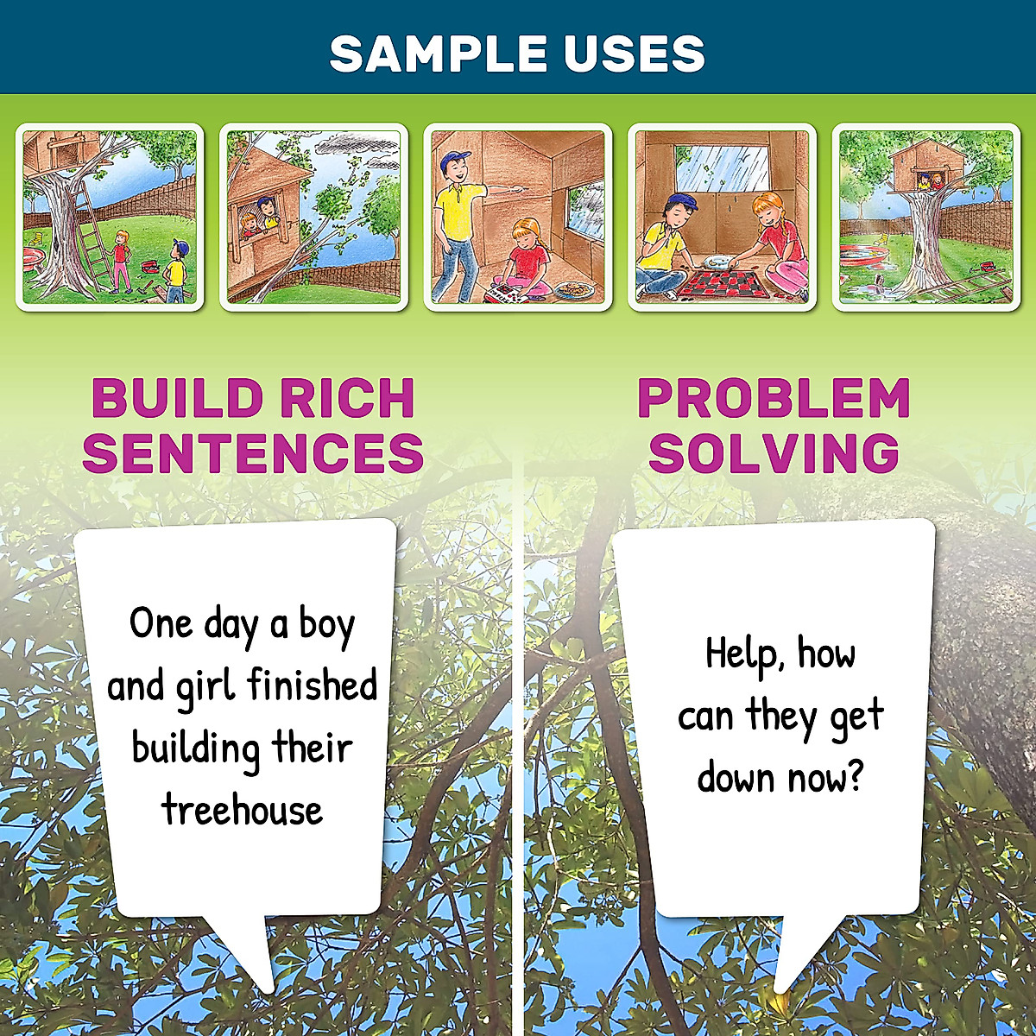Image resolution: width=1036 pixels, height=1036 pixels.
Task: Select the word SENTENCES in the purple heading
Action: tap(253, 452)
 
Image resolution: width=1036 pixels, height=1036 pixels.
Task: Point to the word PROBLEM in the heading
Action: tap(774, 399)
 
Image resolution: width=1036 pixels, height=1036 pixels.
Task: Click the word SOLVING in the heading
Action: tap(774, 452)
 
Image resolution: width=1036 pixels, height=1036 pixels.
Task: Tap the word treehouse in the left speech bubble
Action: tap(242, 810)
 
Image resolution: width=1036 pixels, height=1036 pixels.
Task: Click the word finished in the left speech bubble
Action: tap(312, 685)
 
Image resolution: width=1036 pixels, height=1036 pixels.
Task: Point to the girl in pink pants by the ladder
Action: tap(121, 259)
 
